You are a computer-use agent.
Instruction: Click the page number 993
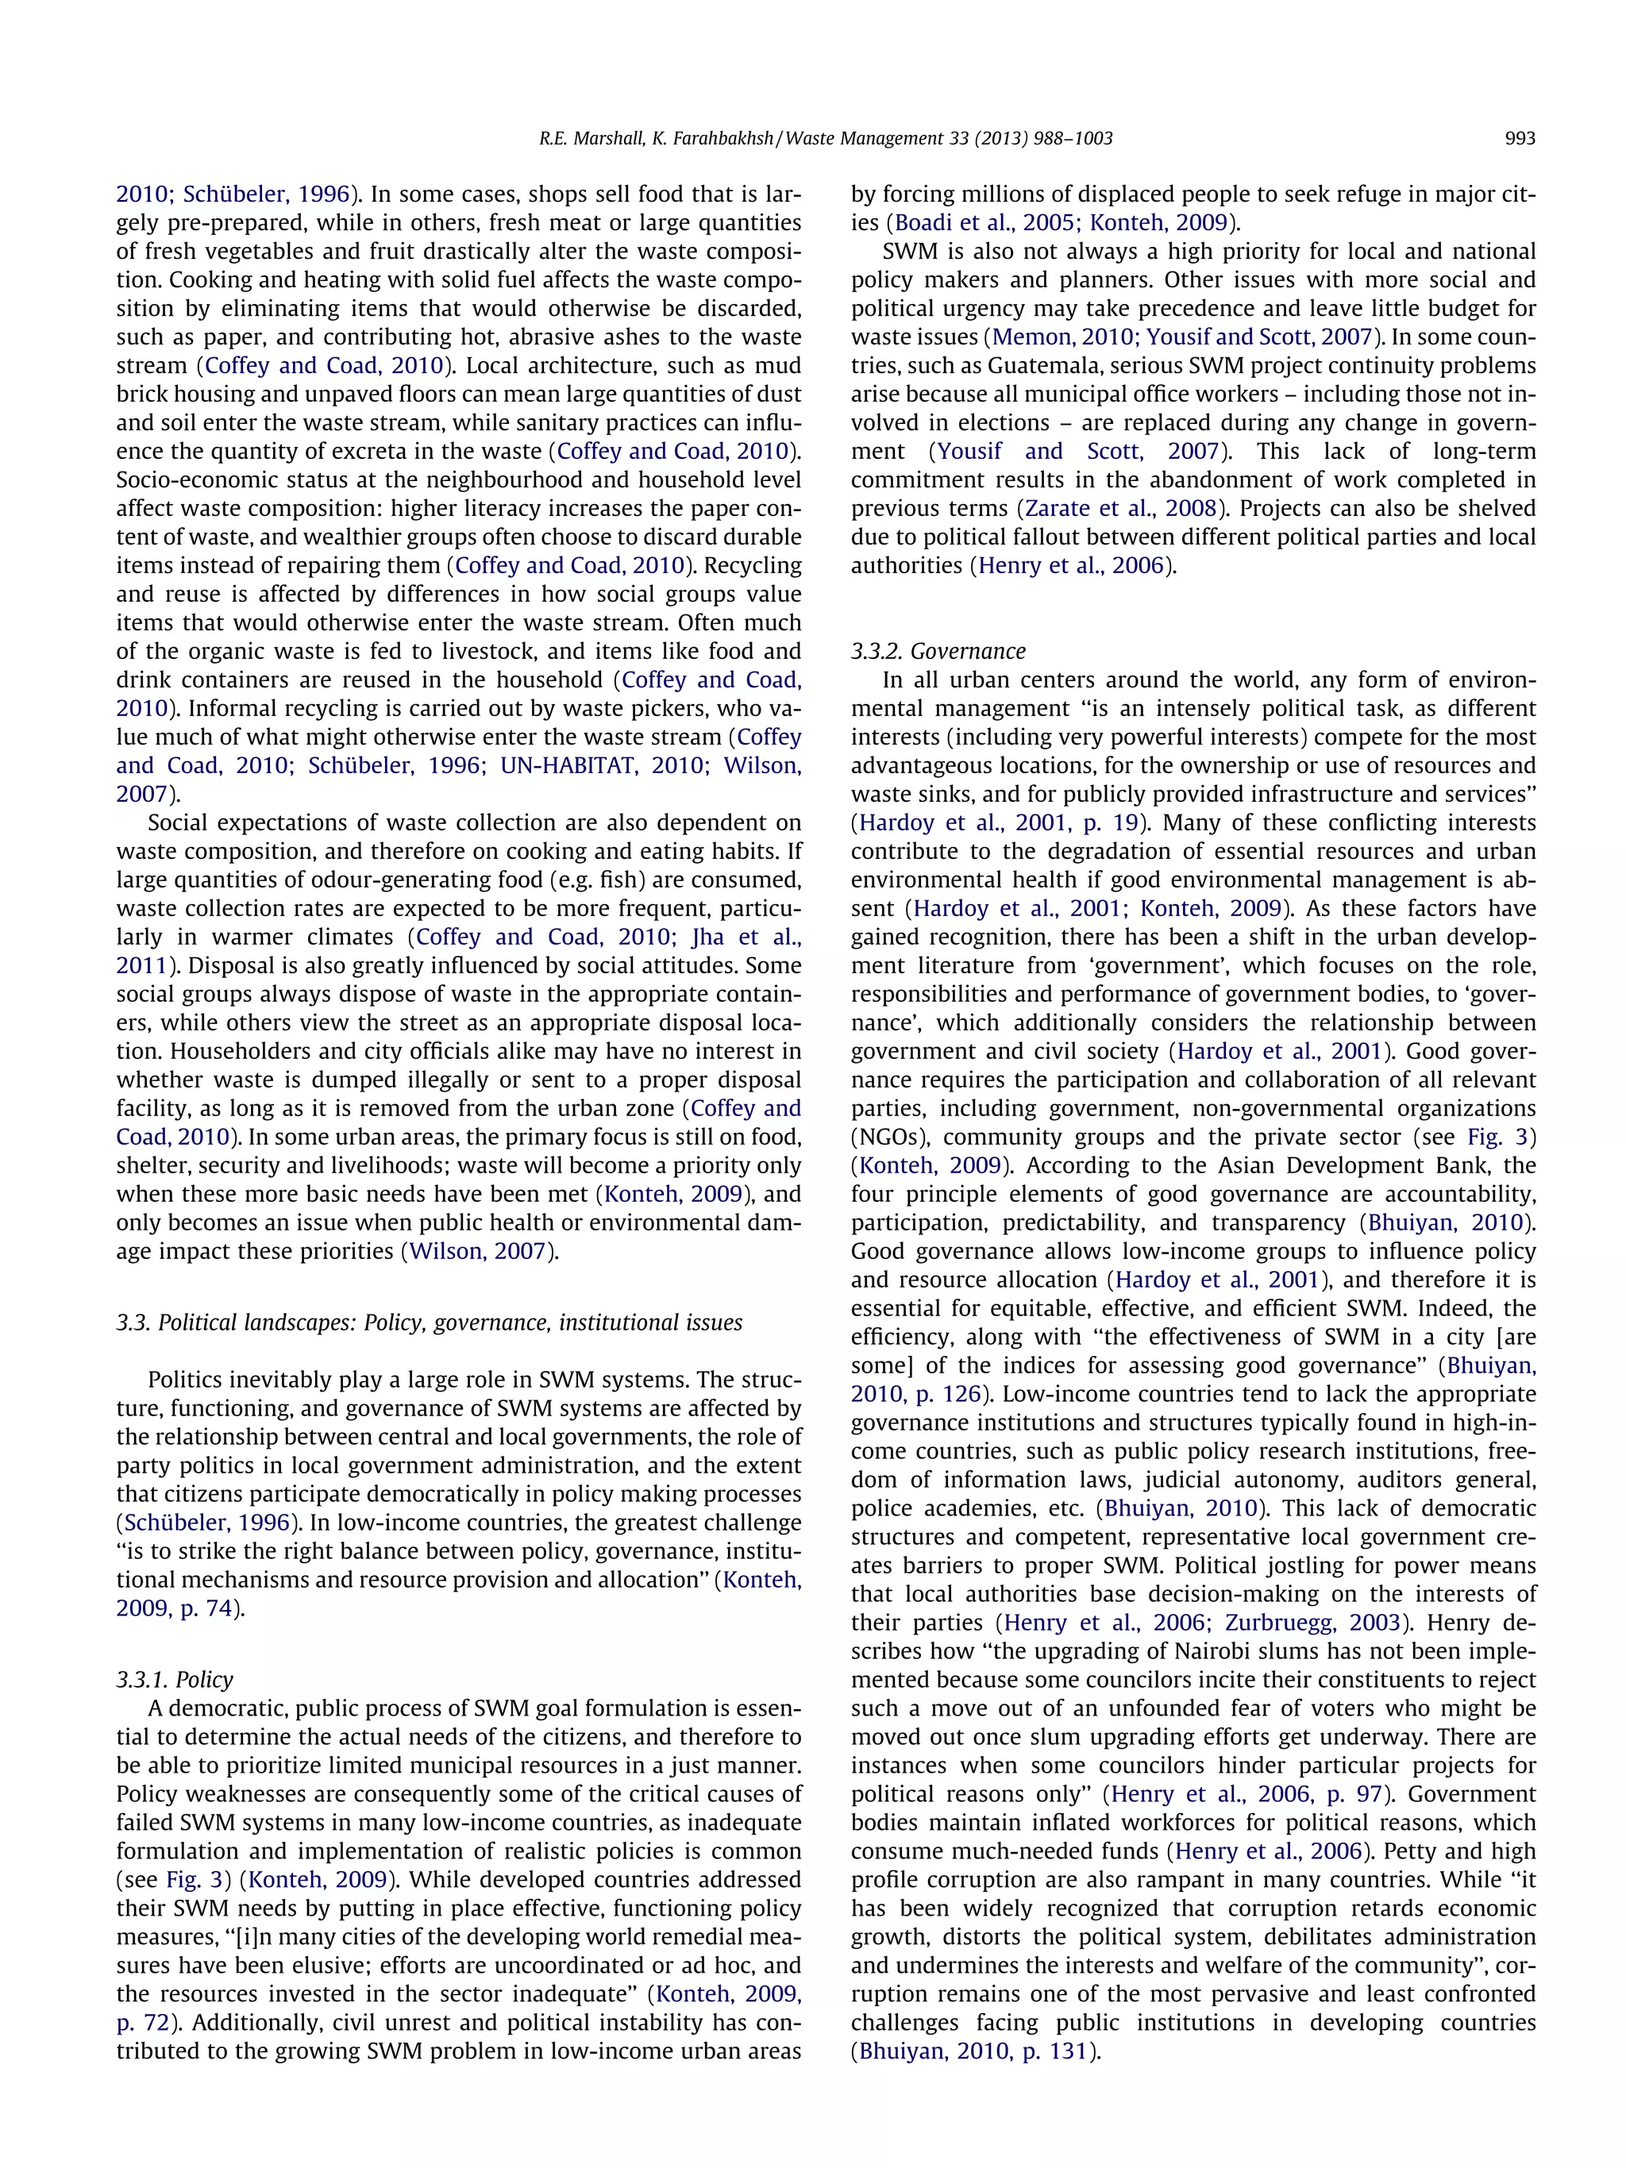tap(1519, 139)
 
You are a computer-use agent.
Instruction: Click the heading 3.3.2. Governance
tap(937, 652)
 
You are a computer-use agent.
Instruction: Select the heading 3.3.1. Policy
tap(175, 1680)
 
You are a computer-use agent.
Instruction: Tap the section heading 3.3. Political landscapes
tap(428, 1323)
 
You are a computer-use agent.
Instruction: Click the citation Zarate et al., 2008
tap(1120, 509)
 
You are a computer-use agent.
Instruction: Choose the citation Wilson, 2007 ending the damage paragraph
tap(476, 1252)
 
